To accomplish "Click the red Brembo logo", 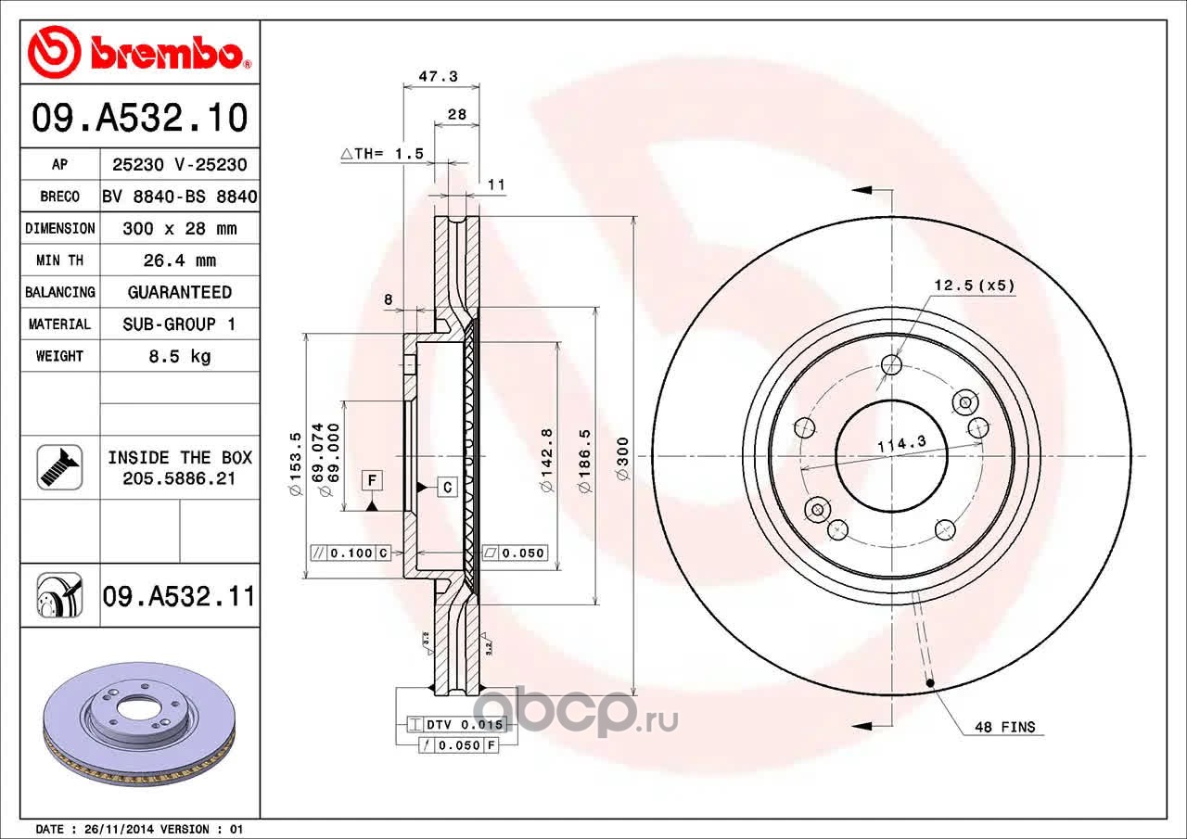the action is pyautogui.click(x=140, y=51).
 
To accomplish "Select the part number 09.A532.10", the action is pyautogui.click(x=140, y=117).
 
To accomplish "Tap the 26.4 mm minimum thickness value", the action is pyautogui.click(x=180, y=261).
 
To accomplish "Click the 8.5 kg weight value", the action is pyautogui.click(x=180, y=356).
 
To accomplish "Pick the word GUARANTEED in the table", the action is pyautogui.click(x=180, y=292).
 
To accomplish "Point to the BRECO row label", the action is pyautogui.click(x=60, y=197).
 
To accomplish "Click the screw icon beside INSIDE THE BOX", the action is pyautogui.click(x=60, y=467).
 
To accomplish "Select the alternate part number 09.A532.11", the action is pyautogui.click(x=179, y=596).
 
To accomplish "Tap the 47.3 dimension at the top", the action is pyautogui.click(x=439, y=76).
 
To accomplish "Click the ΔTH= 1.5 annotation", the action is pyautogui.click(x=382, y=154).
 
